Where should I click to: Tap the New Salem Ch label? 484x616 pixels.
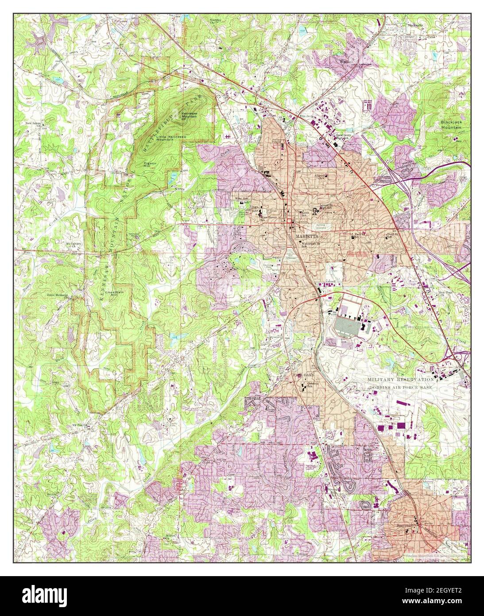33,125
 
